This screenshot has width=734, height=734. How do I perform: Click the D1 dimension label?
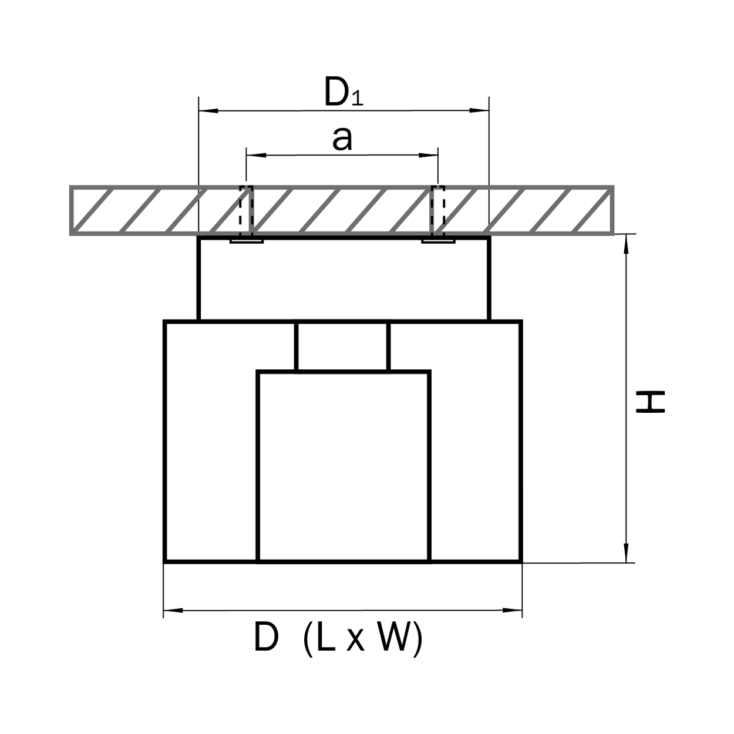pos(344,93)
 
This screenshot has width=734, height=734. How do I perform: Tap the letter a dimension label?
pos(342,139)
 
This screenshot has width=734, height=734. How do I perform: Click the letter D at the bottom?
pos(265,638)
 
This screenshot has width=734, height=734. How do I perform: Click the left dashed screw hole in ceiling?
pos(246,210)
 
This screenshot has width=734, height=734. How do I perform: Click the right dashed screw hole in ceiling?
pos(438,210)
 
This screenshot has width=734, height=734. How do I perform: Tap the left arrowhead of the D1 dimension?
pos(206,110)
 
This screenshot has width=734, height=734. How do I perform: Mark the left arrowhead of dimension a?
pos(253,155)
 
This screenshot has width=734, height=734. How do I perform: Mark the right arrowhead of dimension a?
pos(432,155)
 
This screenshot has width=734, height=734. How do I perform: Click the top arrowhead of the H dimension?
pos(627,242)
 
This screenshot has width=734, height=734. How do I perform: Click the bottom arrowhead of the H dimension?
pos(627,555)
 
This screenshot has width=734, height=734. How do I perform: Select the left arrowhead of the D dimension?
pos(170,611)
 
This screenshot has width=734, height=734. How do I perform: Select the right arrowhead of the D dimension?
pos(515,611)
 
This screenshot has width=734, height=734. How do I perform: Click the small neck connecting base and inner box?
pos(342,346)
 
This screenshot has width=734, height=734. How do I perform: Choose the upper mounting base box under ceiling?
pos(344,279)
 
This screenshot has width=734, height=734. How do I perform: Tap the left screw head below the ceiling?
pos(246,241)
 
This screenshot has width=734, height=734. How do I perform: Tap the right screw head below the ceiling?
pos(438,241)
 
